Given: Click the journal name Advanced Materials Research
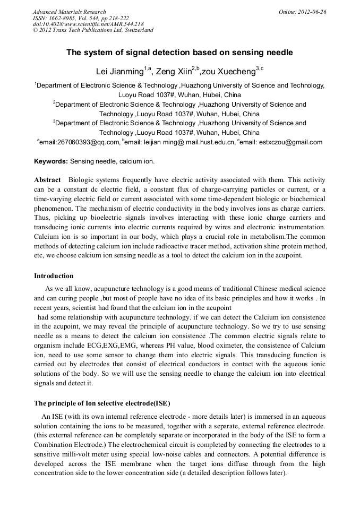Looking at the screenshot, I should pyautogui.click(x=69, y=12).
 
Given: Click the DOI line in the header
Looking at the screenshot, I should pyautogui.click(x=88, y=24).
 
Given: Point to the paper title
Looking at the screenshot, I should pyautogui.click(x=179, y=53).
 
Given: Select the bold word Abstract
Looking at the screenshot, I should pyautogui.click(x=47, y=180).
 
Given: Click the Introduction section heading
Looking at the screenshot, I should pyautogui.click(x=54, y=276).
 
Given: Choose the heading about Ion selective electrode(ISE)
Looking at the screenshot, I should pyautogui.click(x=102, y=403).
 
